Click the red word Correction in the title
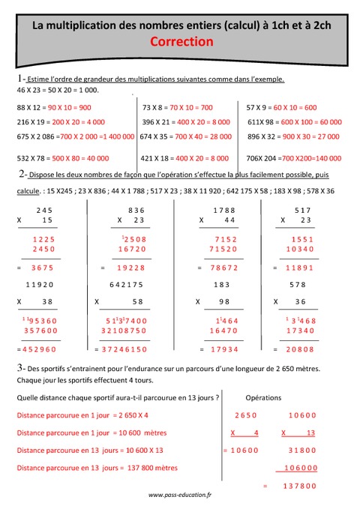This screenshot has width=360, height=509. (182, 43)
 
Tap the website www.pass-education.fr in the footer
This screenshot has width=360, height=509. (180, 496)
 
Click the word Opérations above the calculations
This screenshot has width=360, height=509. (263, 397)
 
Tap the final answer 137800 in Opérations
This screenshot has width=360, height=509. (296, 486)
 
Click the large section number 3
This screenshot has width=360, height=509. (18, 367)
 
